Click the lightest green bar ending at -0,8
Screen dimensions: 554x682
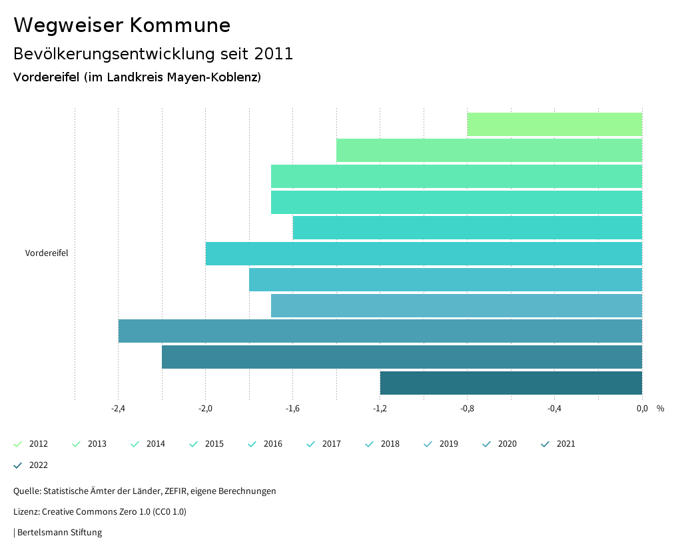point(554,125)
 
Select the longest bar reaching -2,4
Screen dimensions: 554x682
point(380,331)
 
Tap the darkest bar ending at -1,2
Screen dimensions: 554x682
point(511,383)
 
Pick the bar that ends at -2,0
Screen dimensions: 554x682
point(424,254)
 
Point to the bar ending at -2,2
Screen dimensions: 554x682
point(402,357)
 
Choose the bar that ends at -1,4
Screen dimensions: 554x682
point(489,151)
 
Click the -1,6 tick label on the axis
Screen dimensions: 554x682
point(292,409)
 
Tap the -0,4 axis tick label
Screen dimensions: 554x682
point(554,409)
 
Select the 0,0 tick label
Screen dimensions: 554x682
point(641,409)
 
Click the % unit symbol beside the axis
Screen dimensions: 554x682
point(660,409)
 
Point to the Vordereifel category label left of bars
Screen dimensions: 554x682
point(47,253)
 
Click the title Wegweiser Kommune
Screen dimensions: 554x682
point(122,25)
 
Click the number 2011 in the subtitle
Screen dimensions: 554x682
point(274,54)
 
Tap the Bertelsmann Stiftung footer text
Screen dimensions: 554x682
point(59,533)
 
